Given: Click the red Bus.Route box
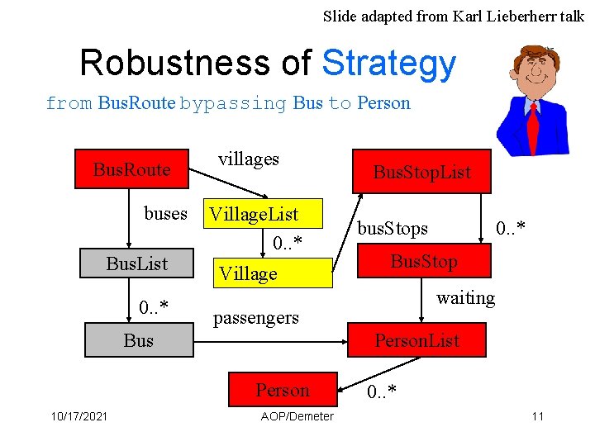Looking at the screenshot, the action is tap(131, 169).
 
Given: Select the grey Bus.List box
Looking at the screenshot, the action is tap(137, 263).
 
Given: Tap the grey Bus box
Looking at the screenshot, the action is tap(138, 339).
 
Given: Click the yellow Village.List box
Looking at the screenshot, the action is tap(254, 215).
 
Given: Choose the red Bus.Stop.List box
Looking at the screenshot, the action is tap(421, 172).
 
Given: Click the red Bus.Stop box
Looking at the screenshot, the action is tap(424, 263).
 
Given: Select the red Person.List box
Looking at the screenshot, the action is tap(416, 339).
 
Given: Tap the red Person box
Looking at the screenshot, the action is tap(283, 390).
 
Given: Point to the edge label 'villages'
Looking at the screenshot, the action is tap(249, 159).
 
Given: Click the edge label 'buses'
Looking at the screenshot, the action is tap(165, 213).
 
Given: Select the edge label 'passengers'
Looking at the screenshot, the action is tap(256, 317).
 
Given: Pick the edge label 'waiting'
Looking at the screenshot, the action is tap(465, 297).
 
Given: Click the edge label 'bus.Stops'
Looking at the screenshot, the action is tap(393, 227).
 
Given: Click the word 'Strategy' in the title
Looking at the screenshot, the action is tap(388, 63).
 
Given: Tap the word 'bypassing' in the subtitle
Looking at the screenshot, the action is tap(233, 103).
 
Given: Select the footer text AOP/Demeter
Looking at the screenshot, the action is tap(297, 415).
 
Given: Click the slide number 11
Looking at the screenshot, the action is tap(537, 415).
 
